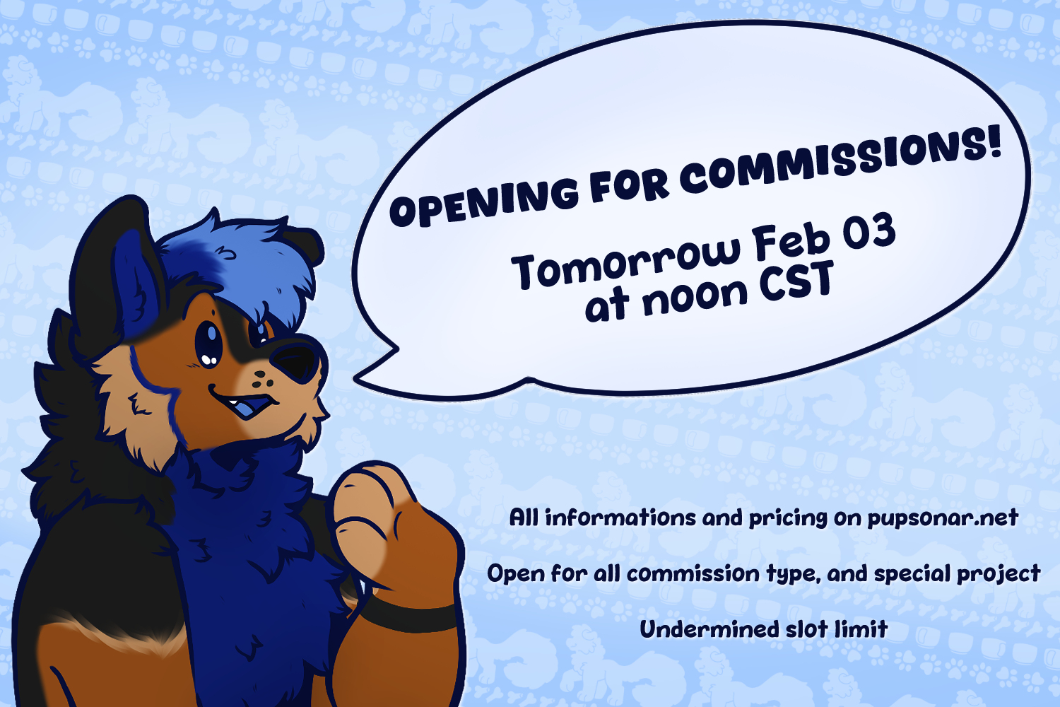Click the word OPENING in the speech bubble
coord(483,201)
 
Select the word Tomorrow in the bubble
coord(625,262)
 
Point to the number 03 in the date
coord(868,232)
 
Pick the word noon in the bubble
coord(695,297)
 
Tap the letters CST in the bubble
coord(796,282)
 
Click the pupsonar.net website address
coord(943,518)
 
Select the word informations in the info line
coord(620,518)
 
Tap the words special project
coord(957,574)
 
